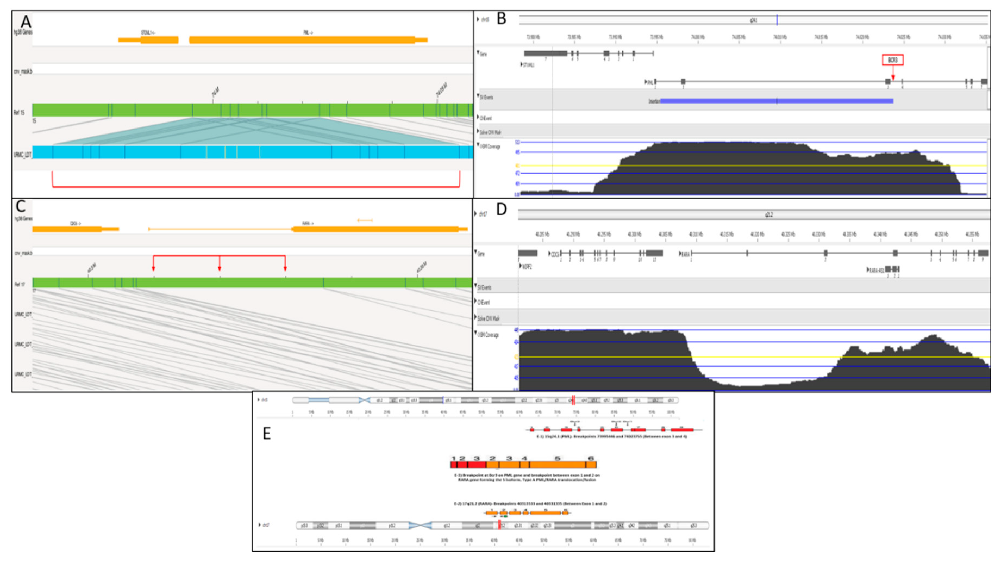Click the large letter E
[267, 433]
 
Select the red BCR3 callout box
[893, 60]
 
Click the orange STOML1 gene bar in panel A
[149, 39]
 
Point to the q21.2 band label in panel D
[769, 215]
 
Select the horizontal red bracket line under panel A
[256, 187]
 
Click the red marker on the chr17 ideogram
[500, 525]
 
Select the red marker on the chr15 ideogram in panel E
[573, 400]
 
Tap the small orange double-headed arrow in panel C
[365, 220]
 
